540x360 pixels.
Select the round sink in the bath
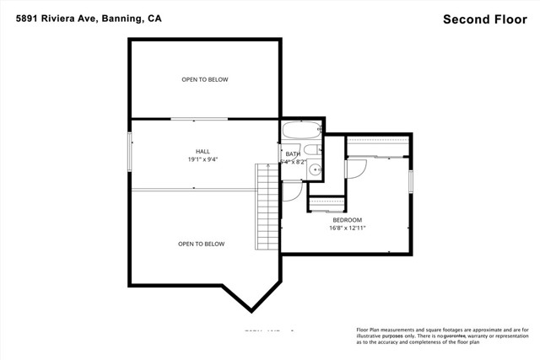click(316, 169)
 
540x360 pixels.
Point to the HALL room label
click(204, 152)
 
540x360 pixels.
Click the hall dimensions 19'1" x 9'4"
click(204, 159)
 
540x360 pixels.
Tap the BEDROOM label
click(347, 219)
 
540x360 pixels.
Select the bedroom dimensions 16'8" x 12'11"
click(347, 228)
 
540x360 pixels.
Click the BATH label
click(293, 154)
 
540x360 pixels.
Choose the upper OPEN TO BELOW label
click(204, 80)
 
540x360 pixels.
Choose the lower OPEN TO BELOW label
click(201, 244)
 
